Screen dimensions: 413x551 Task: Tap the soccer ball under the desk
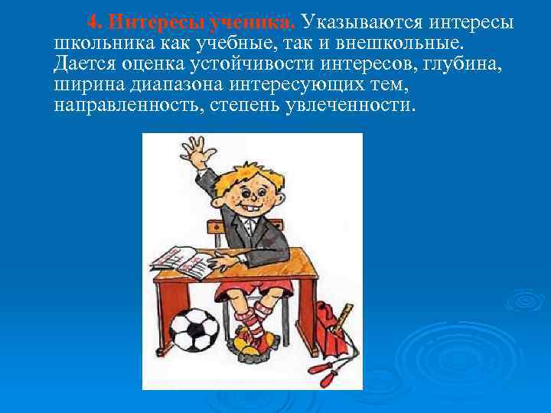point(194,329)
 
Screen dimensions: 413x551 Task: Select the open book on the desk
point(184,263)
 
